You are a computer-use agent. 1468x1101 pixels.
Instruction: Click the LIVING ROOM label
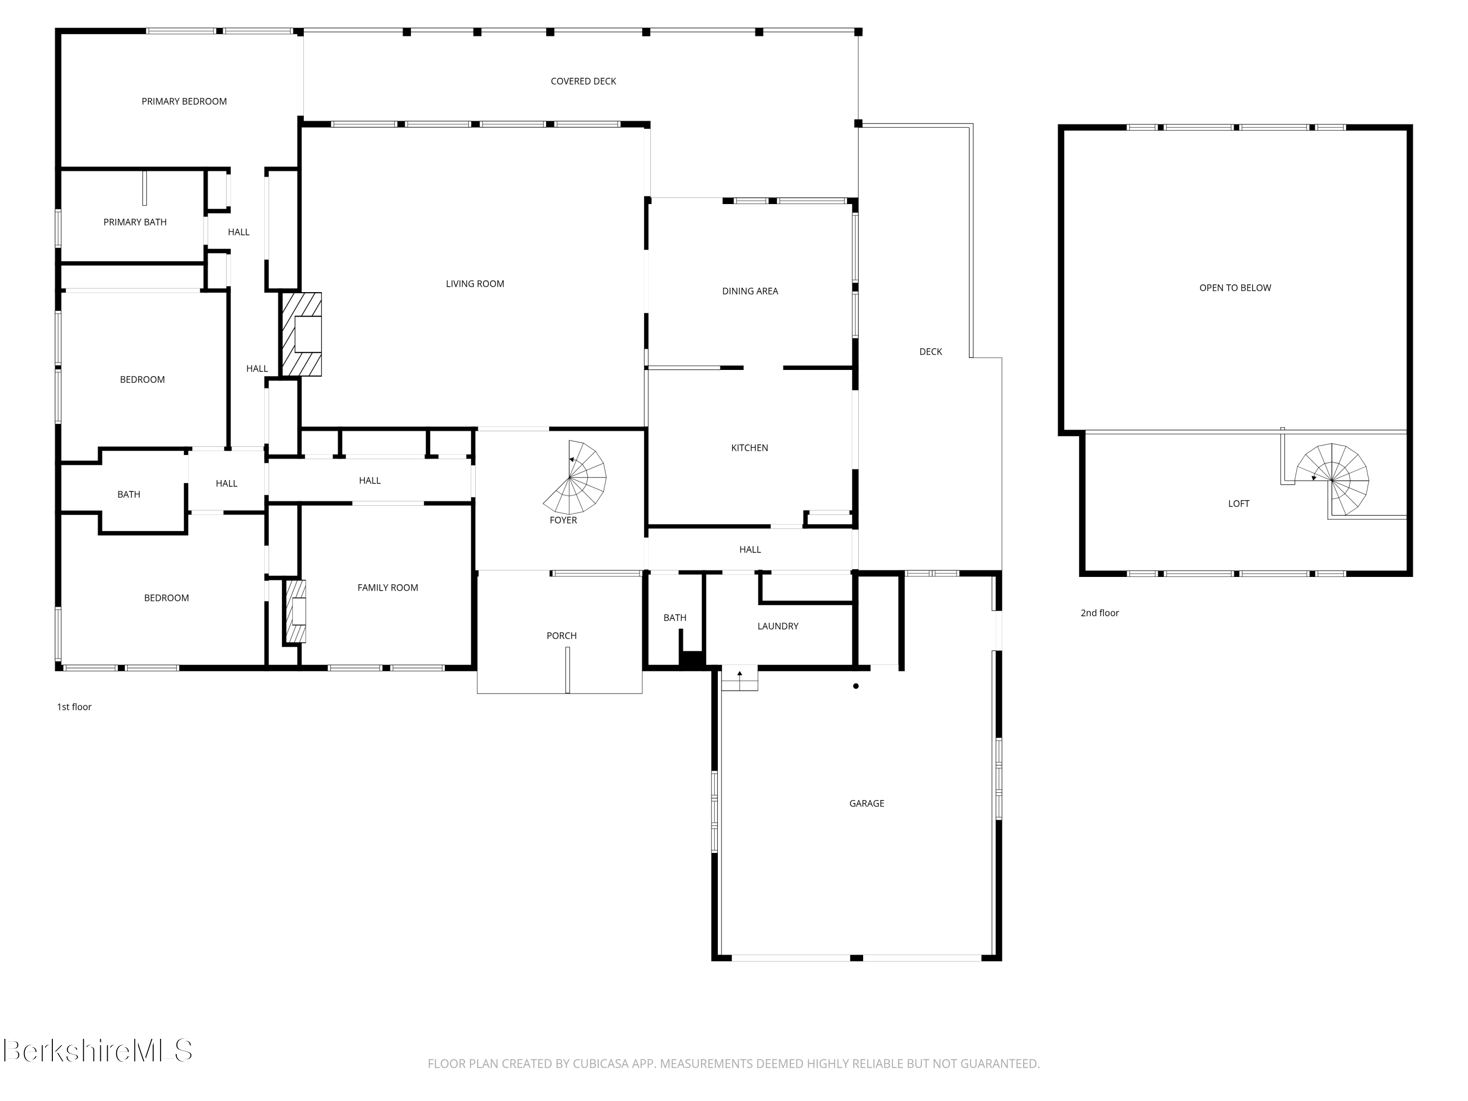475,284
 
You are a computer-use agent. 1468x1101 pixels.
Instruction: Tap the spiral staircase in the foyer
575,477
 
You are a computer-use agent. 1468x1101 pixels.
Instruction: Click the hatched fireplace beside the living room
302,335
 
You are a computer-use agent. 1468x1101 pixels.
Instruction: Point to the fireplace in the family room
296,611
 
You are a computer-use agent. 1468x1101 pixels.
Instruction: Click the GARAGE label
866,803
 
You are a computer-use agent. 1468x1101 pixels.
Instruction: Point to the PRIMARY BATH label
135,222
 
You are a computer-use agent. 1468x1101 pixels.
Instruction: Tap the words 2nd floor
1099,613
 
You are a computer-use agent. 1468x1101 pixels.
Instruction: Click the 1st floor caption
74,707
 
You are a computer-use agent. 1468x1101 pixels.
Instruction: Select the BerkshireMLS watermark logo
97,1051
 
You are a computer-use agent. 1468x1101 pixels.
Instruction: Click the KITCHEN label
749,448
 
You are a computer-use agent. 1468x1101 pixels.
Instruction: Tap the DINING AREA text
750,291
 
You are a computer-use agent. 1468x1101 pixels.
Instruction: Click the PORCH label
561,636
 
